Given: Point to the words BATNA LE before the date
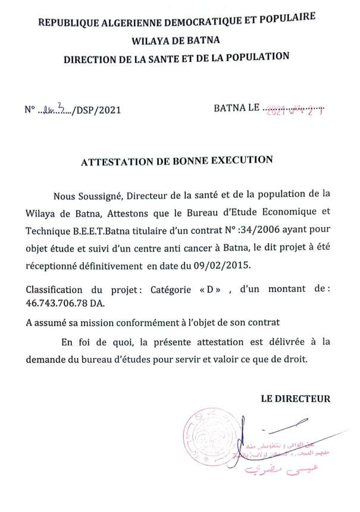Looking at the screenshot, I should [x=237, y=108].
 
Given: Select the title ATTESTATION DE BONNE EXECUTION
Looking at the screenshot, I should [x=177, y=161].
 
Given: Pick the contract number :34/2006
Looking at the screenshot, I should [x=270, y=230].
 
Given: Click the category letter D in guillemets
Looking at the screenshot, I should [x=211, y=290].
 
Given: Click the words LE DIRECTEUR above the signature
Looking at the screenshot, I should [x=296, y=398].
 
